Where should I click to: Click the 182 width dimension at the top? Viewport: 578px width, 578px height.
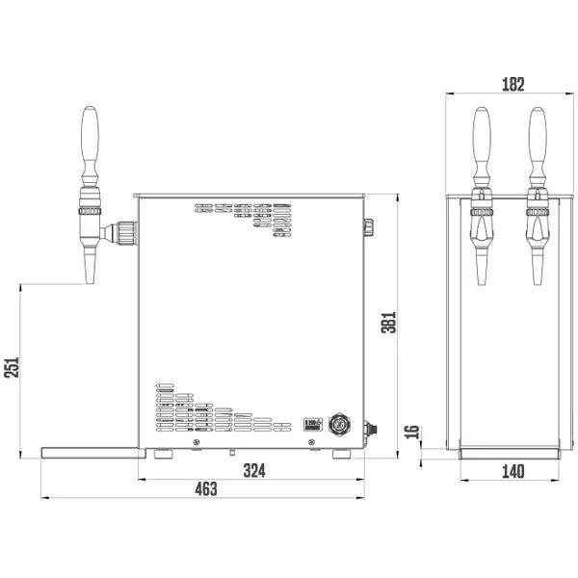[512, 84]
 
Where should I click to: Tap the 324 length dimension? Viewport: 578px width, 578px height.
[253, 470]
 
